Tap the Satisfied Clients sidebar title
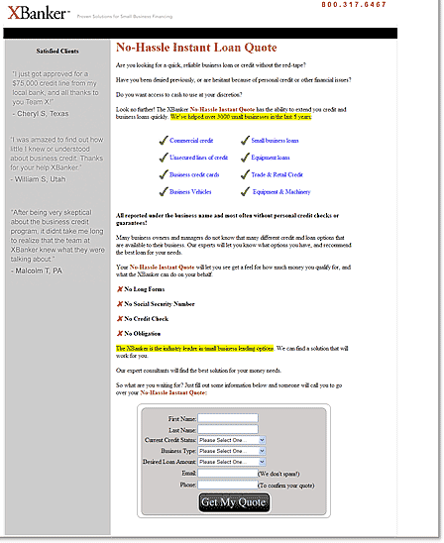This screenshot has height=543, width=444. click(58, 49)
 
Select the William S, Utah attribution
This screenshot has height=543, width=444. click(42, 179)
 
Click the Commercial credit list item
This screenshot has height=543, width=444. click(190, 141)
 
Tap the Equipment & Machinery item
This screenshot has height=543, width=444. click(280, 191)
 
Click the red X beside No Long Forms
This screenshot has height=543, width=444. click(120, 288)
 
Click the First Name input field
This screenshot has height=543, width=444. click(227, 418)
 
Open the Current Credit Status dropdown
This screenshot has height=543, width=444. click(231, 439)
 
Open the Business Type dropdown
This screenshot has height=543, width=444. click(231, 450)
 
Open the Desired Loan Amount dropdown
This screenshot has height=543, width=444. click(231, 461)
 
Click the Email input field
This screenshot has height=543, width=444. click(227, 473)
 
